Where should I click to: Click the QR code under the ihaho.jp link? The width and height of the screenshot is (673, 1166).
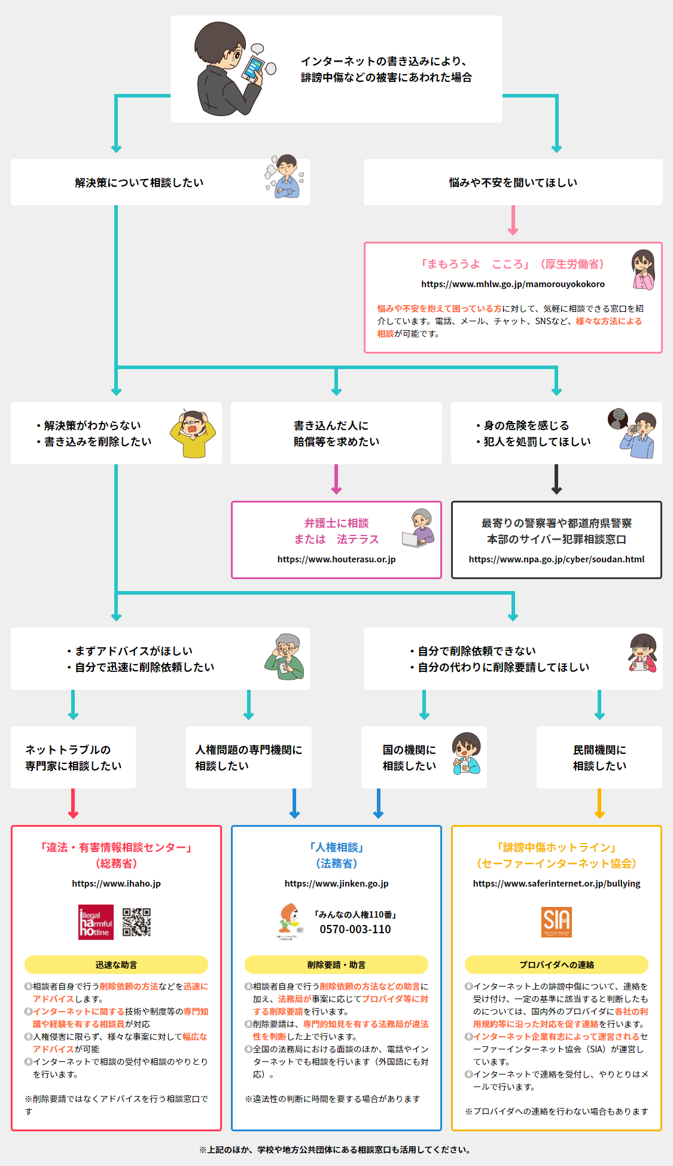(x=136, y=922)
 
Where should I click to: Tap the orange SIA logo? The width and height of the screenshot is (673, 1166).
(x=556, y=922)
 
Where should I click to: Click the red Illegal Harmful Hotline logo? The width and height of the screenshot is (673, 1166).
(x=96, y=922)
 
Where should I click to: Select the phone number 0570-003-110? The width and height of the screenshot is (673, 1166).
(x=355, y=929)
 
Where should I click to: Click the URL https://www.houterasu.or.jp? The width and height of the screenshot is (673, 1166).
(x=336, y=559)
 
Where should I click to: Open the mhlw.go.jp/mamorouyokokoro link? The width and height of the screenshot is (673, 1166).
(x=513, y=284)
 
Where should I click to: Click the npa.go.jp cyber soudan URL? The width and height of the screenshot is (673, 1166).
(x=556, y=559)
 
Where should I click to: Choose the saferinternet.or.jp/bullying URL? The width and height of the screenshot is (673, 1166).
(x=556, y=884)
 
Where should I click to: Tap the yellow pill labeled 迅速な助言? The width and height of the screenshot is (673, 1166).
(x=116, y=965)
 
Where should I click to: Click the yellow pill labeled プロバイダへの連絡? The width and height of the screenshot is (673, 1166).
(x=556, y=965)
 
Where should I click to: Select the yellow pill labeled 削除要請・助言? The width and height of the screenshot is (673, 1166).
(x=336, y=965)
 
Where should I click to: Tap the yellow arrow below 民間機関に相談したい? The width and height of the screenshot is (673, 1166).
(x=599, y=805)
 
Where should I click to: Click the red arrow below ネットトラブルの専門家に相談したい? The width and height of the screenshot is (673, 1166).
(x=73, y=805)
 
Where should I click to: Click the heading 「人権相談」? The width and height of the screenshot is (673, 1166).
(x=336, y=848)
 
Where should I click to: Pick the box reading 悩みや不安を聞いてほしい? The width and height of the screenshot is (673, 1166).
(x=513, y=182)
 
